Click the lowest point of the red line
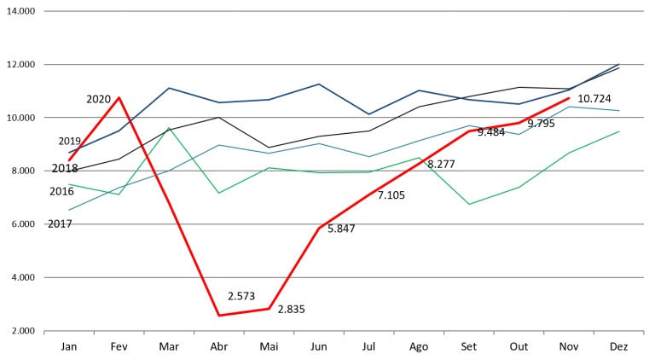coord(219,316)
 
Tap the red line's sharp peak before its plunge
coord(119,97)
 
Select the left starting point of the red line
coord(69,160)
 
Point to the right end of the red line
coord(569,98)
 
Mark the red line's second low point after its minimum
coord(269,309)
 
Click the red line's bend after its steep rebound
coord(319,229)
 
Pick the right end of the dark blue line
coord(618,65)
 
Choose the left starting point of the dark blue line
coord(69,153)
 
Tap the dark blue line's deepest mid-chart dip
coord(369,113)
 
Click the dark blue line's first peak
coord(169,87)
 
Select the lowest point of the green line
coord(468,205)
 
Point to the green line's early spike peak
coord(169,128)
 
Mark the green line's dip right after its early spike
coord(219,193)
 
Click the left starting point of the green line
coord(69,184)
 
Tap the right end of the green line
coord(618,131)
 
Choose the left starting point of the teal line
coord(69,210)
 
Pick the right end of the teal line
coord(618,111)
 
